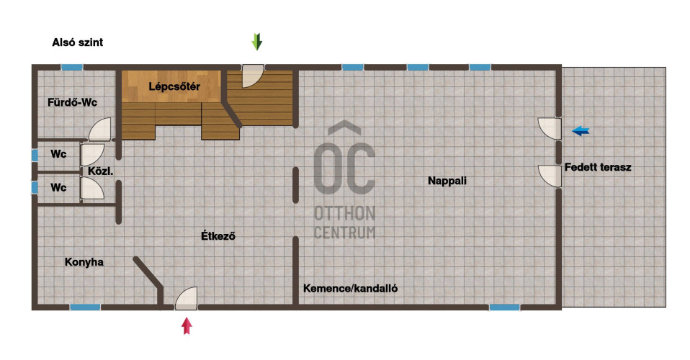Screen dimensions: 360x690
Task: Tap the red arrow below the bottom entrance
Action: coord(187,325)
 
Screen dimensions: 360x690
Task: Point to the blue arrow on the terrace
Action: coord(581,131)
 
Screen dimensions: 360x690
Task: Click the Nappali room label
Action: coord(447,181)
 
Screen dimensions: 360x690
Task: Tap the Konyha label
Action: coord(84,262)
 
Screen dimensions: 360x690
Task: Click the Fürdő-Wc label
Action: coord(72,102)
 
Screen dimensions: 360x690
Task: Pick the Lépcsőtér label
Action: coord(174,86)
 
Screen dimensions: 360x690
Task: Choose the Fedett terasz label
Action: coord(598,167)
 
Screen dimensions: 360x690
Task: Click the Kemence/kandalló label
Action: coord(351,288)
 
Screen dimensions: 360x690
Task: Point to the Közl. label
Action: coord(100,171)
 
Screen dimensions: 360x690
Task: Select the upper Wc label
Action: coord(58,154)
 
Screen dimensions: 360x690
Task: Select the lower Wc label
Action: coord(58,187)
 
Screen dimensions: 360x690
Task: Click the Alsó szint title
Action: coord(78,42)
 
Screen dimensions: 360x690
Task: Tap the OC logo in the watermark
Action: coord(344,160)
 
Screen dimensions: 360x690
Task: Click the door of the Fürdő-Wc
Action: coord(99,130)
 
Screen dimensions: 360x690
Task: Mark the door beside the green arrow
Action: coord(253,76)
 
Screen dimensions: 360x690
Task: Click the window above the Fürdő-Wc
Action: coord(71,67)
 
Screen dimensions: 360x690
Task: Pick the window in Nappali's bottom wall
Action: coord(504,307)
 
